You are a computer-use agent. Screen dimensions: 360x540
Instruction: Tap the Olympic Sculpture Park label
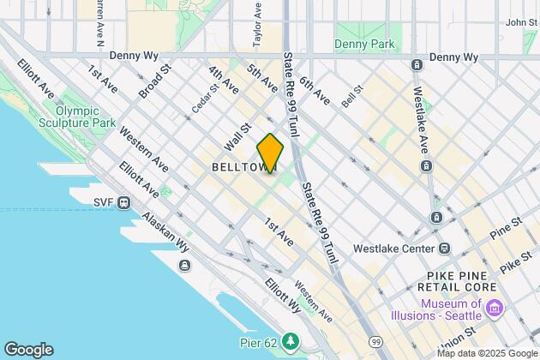point(86,117)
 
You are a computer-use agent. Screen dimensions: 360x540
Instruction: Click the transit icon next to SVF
point(124,203)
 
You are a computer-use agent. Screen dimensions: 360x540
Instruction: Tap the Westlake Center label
point(395,249)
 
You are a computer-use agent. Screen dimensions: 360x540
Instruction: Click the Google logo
point(28,350)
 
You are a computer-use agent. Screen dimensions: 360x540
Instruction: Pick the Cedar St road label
point(201,102)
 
